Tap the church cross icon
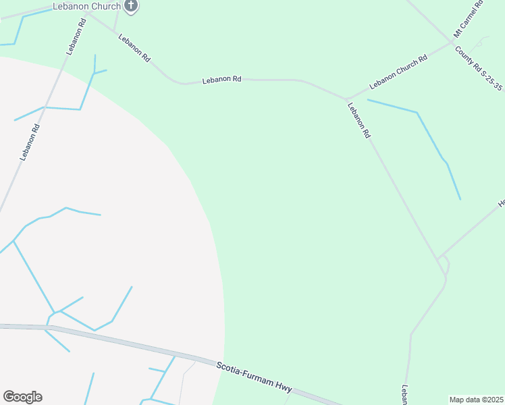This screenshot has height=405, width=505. tap(132, 6)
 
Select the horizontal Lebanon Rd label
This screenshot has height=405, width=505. tap(221, 80)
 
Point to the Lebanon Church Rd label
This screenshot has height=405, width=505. tap(398, 72)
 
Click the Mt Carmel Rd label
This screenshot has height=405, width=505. tap(468, 20)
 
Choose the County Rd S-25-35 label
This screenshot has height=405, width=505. tap(479, 71)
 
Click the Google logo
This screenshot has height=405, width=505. tap(22, 397)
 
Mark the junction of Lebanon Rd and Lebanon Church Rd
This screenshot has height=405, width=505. tap(346, 99)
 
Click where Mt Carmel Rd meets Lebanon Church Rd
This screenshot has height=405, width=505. tap(452, 43)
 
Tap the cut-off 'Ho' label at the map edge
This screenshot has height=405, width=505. tap(501, 202)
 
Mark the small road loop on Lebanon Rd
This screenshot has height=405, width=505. tap(444, 265)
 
